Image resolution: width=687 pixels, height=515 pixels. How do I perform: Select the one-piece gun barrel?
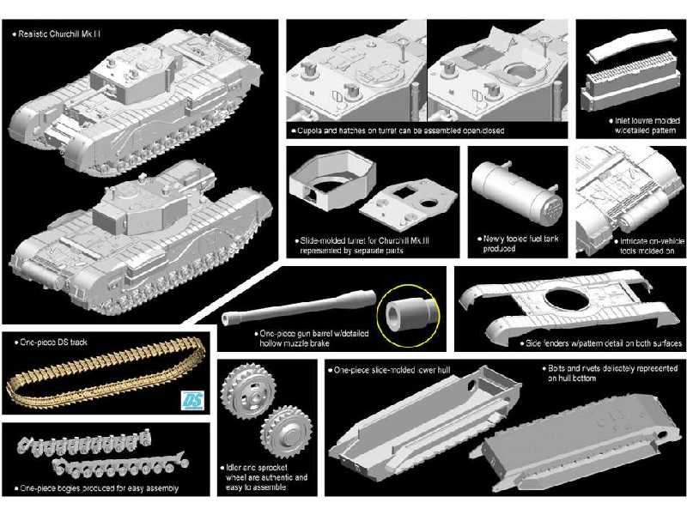tap(300, 308)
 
